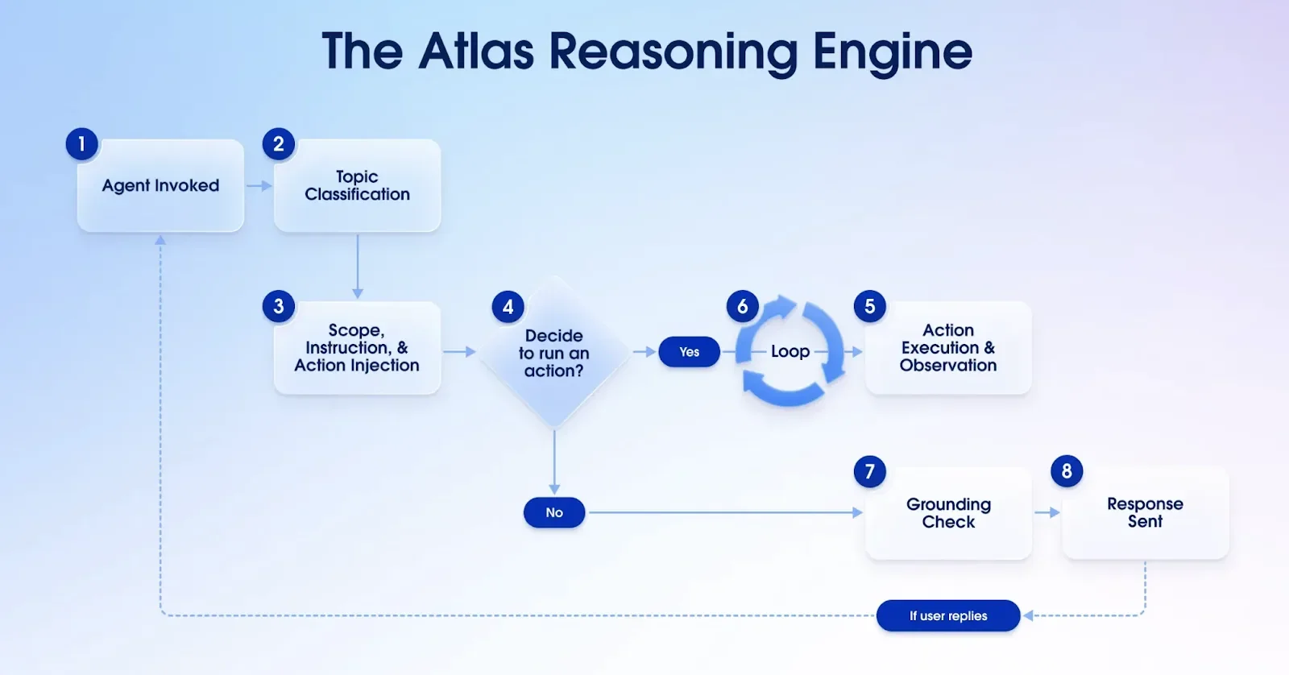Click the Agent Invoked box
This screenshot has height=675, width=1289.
[160, 186]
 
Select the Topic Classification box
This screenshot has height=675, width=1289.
[357, 186]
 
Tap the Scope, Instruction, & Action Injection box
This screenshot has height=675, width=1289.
[357, 348]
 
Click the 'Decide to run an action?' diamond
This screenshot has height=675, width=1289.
[554, 353]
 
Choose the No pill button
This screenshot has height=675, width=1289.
[554, 512]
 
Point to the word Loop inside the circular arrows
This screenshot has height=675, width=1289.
[790, 351]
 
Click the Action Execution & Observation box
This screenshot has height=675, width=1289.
[948, 348]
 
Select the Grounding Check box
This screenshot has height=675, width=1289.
[948, 513]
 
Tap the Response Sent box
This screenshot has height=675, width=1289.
[1145, 513]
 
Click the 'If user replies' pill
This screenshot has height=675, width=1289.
[948, 615]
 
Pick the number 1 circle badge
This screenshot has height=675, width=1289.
[81, 144]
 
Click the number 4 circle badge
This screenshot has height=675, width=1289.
[508, 306]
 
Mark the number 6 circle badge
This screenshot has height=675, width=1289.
[742, 306]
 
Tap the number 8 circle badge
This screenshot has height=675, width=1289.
[1067, 471]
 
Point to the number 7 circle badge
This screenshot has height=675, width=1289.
[869, 471]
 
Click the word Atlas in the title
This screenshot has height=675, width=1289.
[476, 52]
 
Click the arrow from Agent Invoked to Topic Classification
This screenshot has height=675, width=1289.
[259, 186]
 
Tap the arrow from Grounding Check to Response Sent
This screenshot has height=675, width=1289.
[1047, 512]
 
